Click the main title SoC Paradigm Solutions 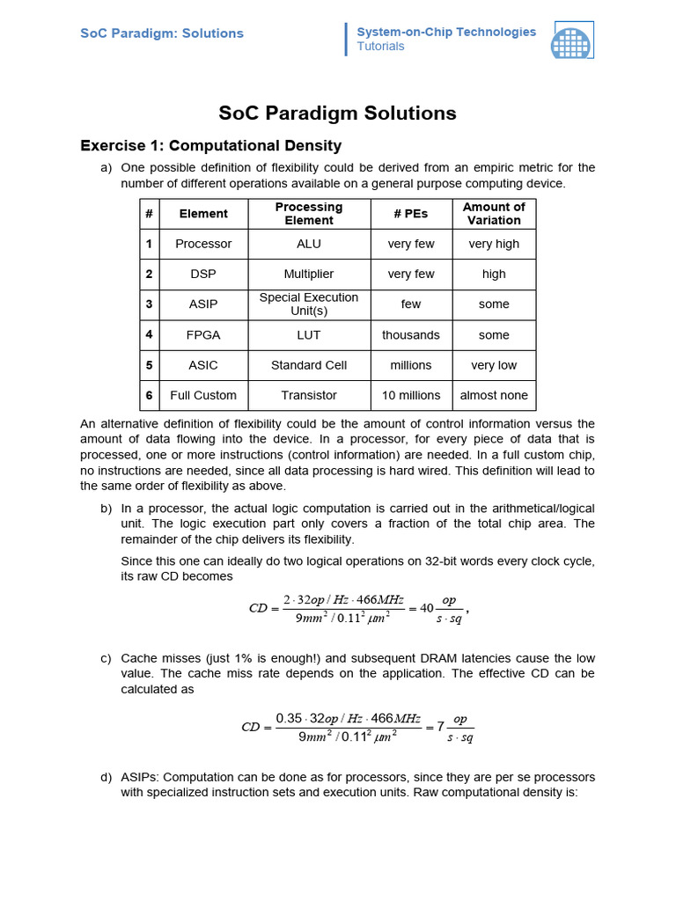[337, 113]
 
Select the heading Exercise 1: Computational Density [210, 145]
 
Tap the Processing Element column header [309, 214]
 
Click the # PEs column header [411, 214]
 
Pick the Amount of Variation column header [494, 214]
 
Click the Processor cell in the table [203, 244]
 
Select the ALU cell [309, 244]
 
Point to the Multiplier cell [309, 274]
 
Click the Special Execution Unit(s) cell [309, 304]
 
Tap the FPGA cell [203, 335]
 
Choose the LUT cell [309, 335]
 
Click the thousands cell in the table [411, 335]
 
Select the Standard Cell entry [309, 365]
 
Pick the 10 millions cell [411, 395]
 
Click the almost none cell [494, 395]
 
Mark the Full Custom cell [203, 395]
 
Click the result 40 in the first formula [427, 608]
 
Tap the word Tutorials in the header [380, 47]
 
